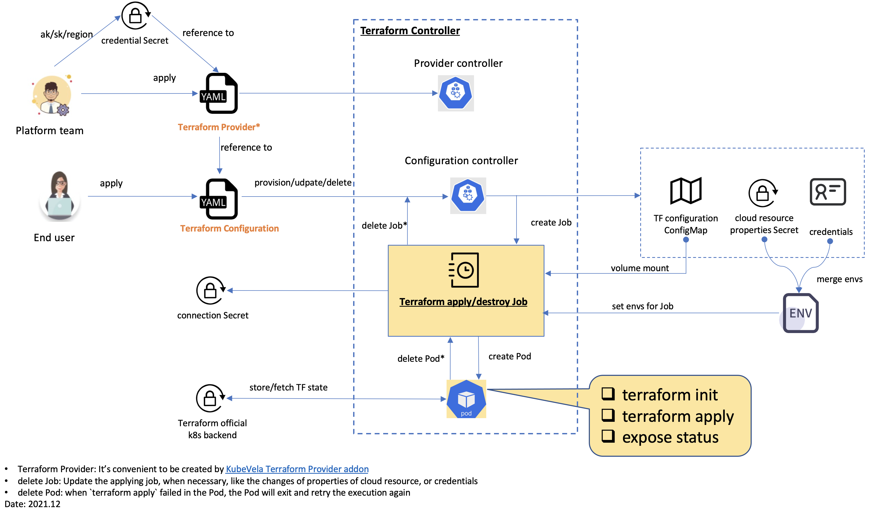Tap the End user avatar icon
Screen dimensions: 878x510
click(60, 196)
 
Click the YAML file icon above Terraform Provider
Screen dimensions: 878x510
click(218, 93)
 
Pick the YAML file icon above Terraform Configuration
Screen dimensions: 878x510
click(218, 199)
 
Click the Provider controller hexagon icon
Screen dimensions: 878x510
click(456, 93)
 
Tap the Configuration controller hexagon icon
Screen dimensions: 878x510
click(468, 196)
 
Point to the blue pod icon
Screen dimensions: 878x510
click(466, 399)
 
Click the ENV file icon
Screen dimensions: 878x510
click(800, 313)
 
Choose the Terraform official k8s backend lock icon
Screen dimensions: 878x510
click(210, 398)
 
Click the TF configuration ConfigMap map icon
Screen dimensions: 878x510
click(686, 191)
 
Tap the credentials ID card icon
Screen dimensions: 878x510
click(828, 192)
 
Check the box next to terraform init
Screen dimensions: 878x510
click(608, 394)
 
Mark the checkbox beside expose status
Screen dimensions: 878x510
click(608, 436)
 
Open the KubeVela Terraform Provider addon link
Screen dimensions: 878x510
click(297, 469)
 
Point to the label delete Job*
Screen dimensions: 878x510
click(384, 226)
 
